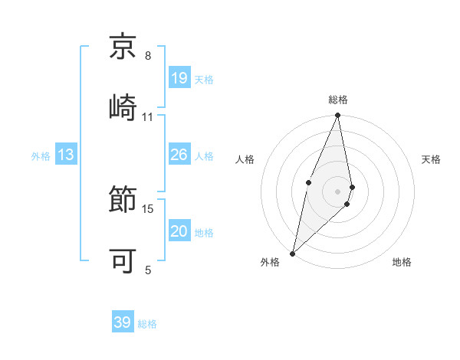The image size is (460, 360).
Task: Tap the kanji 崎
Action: pyautogui.click(x=123, y=106)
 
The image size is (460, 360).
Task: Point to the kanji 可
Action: pyautogui.click(x=123, y=260)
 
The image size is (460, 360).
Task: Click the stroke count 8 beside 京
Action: pyautogui.click(x=148, y=56)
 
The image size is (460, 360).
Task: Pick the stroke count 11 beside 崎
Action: pyautogui.click(x=148, y=116)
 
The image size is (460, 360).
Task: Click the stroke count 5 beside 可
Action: pyautogui.click(x=148, y=270)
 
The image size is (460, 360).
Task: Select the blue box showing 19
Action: pyautogui.click(x=179, y=78)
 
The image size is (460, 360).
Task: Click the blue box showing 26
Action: pyautogui.click(x=179, y=155)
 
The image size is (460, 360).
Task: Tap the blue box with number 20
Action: pyautogui.click(x=179, y=231)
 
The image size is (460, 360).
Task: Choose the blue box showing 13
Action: pyautogui.click(x=66, y=155)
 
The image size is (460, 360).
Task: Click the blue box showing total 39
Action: pyautogui.click(x=123, y=322)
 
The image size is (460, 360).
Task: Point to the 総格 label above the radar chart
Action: pyautogui.click(x=338, y=100)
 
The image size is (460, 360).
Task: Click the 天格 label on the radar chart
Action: pyautogui.click(x=432, y=159)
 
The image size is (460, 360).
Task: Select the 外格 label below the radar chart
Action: pyautogui.click(x=270, y=263)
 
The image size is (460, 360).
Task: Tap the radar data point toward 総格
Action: pyautogui.click(x=338, y=116)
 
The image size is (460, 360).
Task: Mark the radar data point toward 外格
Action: pyautogui.click(x=293, y=253)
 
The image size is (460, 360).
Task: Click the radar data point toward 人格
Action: pyautogui.click(x=308, y=182)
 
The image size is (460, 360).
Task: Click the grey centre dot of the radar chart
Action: pyautogui.click(x=338, y=191)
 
